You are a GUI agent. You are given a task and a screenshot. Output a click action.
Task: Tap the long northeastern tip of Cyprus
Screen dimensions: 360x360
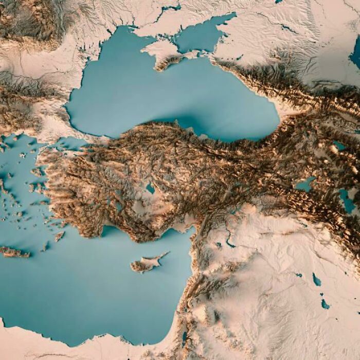pos(165,254)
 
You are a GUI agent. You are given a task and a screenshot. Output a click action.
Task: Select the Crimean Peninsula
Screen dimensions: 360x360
pos(165,52)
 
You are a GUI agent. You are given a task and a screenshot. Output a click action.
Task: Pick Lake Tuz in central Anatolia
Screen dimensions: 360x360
pos(150,188)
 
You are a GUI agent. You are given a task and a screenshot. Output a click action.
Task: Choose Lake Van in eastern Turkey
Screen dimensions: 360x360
pos(305,184)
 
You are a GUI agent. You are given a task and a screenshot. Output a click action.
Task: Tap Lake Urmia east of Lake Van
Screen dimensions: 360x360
pos(347,201)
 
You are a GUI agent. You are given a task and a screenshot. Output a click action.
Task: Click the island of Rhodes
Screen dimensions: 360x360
pos(60,236)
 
